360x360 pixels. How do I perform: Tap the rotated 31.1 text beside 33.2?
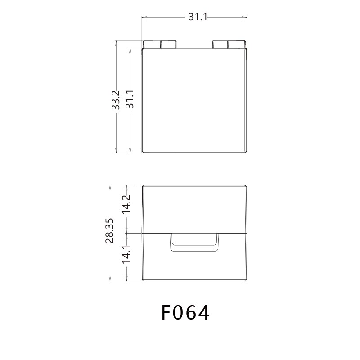130,100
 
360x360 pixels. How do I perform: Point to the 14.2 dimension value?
126,203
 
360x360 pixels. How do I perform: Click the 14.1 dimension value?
126,254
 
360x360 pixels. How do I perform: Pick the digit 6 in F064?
192,313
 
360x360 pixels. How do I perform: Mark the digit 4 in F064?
204,313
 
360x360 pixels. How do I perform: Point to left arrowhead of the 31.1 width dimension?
144,18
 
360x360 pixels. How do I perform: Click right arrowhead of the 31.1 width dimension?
245,18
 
